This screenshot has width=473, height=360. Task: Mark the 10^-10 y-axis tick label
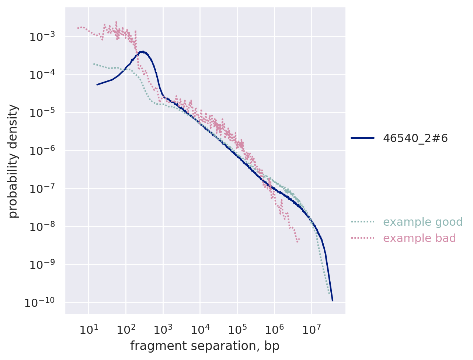pyautogui.click(x=40, y=303)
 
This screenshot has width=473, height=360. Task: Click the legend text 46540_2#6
pyautogui.click(x=415, y=138)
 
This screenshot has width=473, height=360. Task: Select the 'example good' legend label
pyautogui.click(x=422, y=222)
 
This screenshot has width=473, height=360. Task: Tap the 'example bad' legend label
pyautogui.click(x=419, y=238)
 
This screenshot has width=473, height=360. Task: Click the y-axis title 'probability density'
pyautogui.click(x=13, y=161)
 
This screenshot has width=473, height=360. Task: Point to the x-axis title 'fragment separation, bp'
pyautogui.click(x=205, y=346)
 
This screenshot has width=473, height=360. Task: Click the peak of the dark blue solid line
pyautogui.click(x=141, y=52)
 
